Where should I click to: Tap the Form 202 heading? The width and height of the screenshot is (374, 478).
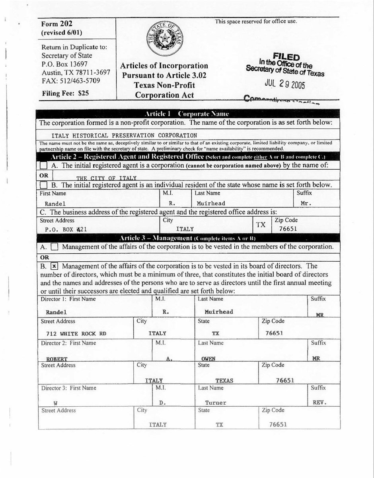tap(57, 24)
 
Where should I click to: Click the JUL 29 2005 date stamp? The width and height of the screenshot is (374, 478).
tap(284, 85)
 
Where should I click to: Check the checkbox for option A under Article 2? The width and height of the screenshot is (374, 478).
tap(44, 165)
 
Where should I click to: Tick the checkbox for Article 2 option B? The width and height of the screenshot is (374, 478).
tap(44, 185)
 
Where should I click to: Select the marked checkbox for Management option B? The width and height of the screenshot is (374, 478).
tap(55, 266)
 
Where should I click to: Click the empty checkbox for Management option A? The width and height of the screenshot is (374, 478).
tap(55, 247)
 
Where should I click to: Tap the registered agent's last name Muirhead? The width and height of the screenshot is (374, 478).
tap(211, 203)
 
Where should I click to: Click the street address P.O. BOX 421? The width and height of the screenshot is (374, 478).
tap(66, 229)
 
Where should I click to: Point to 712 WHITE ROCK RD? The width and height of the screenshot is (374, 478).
tap(76, 333)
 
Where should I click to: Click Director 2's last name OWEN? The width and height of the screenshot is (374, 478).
tap(208, 358)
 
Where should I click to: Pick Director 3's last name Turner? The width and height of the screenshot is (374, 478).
tap(215, 403)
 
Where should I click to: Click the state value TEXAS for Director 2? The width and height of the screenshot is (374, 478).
tap(224, 380)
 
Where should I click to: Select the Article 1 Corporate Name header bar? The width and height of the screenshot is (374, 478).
tap(187, 114)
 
